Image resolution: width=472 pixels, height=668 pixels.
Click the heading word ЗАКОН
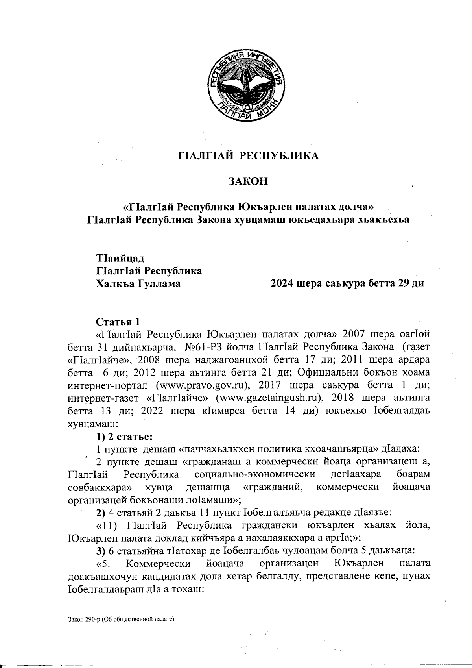[x=248, y=181]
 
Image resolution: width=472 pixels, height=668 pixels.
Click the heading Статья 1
[x=118, y=322]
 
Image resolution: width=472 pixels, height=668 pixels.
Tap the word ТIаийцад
[x=120, y=259]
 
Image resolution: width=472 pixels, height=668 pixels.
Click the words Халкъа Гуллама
[x=138, y=283]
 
